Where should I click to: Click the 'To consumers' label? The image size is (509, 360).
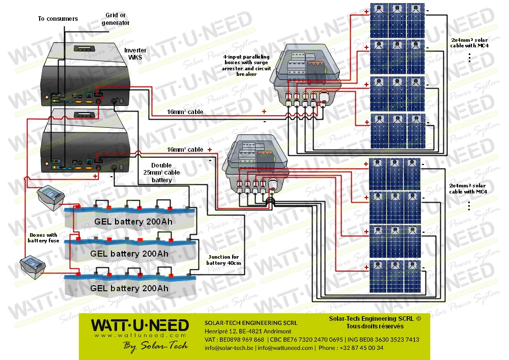pyautogui.click(x=58, y=19)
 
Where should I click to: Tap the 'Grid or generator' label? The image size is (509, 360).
pyautogui.click(x=116, y=19)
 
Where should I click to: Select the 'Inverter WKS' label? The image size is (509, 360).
pyautogui.click(x=134, y=54)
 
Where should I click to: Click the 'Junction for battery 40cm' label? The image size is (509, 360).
pyautogui.click(x=222, y=260)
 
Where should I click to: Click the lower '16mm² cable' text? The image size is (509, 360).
pyautogui.click(x=184, y=150)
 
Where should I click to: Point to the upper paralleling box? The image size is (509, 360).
pyautogui.click(x=305, y=76)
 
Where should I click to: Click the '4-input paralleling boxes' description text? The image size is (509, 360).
pyautogui.click(x=246, y=65)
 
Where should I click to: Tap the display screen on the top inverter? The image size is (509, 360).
pyautogui.click(x=82, y=48)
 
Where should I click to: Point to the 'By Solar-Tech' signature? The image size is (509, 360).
pyautogui.click(x=155, y=346)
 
